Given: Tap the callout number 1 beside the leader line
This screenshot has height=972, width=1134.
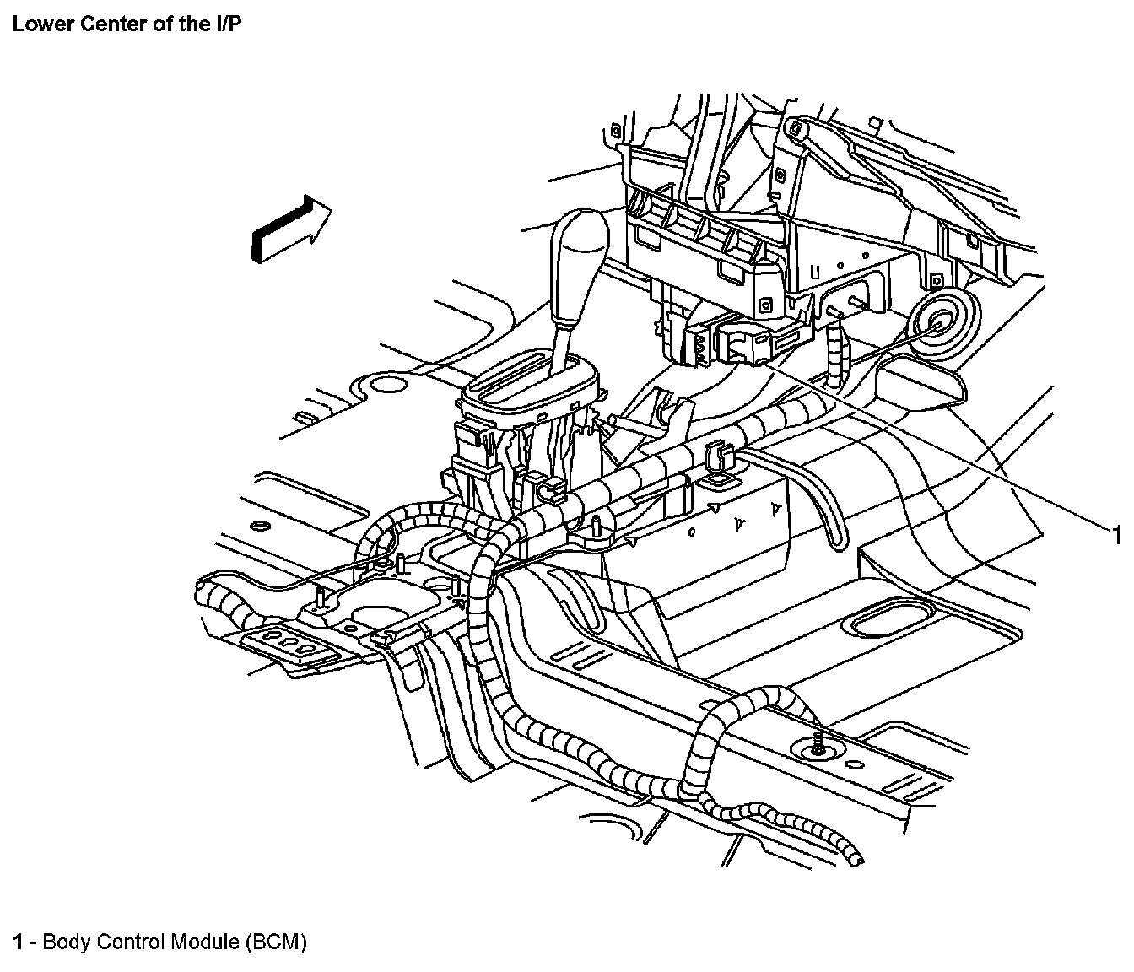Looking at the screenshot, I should [1115, 535].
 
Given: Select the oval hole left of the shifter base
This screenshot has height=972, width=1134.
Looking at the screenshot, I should [388, 386].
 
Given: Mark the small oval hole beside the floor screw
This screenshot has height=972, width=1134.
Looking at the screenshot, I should [855, 766].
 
